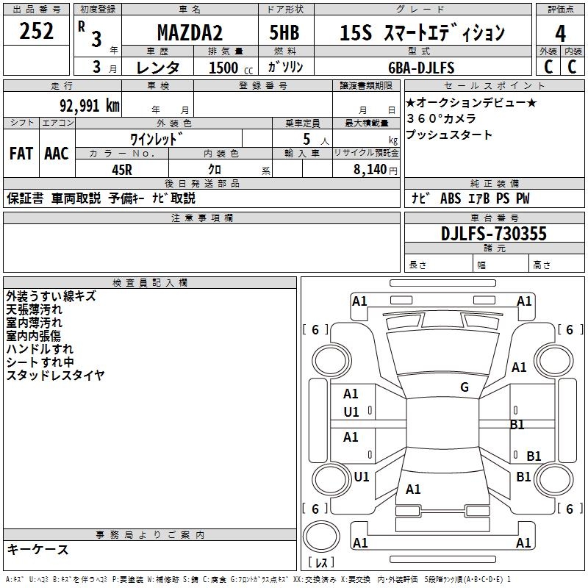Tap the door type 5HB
pyautogui.click(x=284, y=33)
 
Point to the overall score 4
pyautogui.click(x=561, y=33)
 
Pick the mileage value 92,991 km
pyautogui.click(x=89, y=105)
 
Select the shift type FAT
pyautogui.click(x=21, y=153)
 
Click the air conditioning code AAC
pyautogui.click(x=57, y=153)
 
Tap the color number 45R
pyautogui.click(x=122, y=168)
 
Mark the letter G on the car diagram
pyautogui.click(x=465, y=387)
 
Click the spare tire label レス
pyautogui.click(x=321, y=563)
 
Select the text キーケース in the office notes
pyautogui.click(x=38, y=549)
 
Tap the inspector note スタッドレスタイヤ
pyautogui.click(x=55, y=376)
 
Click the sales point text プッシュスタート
pyautogui.click(x=449, y=135)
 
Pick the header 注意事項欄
pyautogui.click(x=202, y=218)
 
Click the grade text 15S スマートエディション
pyautogui.click(x=423, y=33)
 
